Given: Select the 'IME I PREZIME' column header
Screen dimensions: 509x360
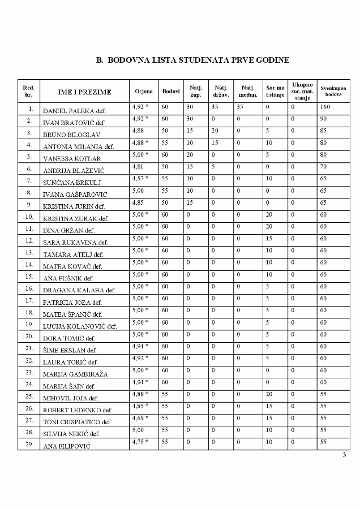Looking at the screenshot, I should pos(84,92).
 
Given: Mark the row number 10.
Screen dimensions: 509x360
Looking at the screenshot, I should pos(29,216).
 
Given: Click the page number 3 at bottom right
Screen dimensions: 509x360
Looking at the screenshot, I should pos(344,455).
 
